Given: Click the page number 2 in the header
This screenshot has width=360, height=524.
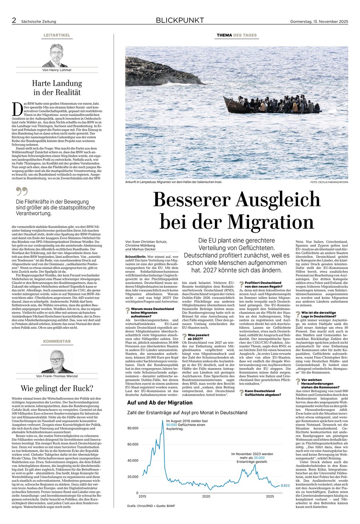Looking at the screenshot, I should (14, 21).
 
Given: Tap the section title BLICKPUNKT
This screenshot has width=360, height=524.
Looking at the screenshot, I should (180, 20).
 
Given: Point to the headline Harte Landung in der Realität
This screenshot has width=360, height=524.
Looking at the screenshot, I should (57, 88).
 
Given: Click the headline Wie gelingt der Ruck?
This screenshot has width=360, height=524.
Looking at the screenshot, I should (57, 388).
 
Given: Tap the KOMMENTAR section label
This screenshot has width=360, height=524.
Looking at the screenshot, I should (57, 341).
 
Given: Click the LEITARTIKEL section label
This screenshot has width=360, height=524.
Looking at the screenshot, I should (57, 35).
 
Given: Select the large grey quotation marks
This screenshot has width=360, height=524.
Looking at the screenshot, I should (22, 191).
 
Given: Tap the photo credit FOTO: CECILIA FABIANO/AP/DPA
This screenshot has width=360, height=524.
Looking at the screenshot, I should (328, 183).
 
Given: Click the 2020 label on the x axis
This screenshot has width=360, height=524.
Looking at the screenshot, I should (206, 496).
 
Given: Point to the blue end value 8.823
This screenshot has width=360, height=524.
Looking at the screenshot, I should (285, 486).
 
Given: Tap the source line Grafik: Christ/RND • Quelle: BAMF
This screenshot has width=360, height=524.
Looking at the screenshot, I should (151, 506).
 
